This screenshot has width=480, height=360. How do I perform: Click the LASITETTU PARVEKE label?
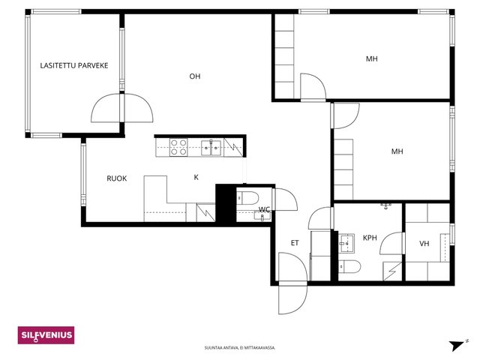pyautogui.click(x=74, y=65)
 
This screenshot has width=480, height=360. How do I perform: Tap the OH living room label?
pyautogui.click(x=195, y=76)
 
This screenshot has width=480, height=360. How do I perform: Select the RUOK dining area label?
pyautogui.click(x=117, y=178)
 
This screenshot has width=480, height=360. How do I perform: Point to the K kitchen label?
pyautogui.click(x=196, y=177)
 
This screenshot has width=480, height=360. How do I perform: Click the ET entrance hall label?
pyautogui.click(x=295, y=243)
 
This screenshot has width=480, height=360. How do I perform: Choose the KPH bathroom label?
pyautogui.click(x=370, y=238)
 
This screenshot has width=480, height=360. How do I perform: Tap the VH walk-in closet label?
pyautogui.click(x=424, y=244)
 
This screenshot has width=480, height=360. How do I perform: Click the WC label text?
pyautogui.click(x=264, y=210)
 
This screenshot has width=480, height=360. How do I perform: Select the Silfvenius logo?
pyautogui.click(x=46, y=335)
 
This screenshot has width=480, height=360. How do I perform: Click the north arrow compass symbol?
pyautogui.click(x=458, y=345)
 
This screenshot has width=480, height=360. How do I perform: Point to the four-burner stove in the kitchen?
pyautogui.click(x=178, y=147)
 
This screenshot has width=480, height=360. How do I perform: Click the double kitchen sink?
pyautogui.click(x=211, y=148)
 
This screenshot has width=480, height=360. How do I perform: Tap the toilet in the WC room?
pyautogui.click(x=248, y=198)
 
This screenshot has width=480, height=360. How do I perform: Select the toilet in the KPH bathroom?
pyautogui.click(x=349, y=266)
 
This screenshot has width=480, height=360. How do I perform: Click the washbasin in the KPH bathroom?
pyautogui.click(x=346, y=243)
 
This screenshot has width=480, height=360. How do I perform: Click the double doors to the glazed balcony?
pyautogui.click(x=122, y=108)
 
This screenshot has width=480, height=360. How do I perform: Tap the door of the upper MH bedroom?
pyautogui.click(x=313, y=87)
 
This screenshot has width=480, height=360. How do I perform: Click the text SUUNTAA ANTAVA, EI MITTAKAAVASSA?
pyautogui.click(x=240, y=348)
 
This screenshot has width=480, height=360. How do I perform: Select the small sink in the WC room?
pyautogui.click(x=262, y=216)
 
